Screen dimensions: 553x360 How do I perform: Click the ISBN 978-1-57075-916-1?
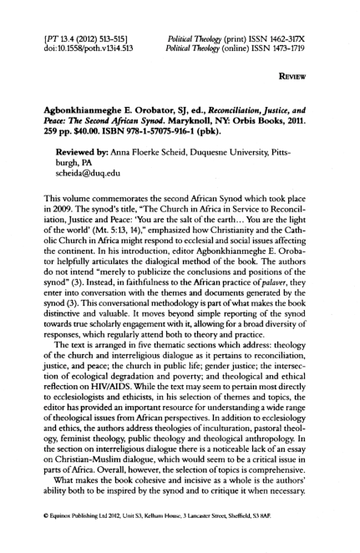pos(164,132)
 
